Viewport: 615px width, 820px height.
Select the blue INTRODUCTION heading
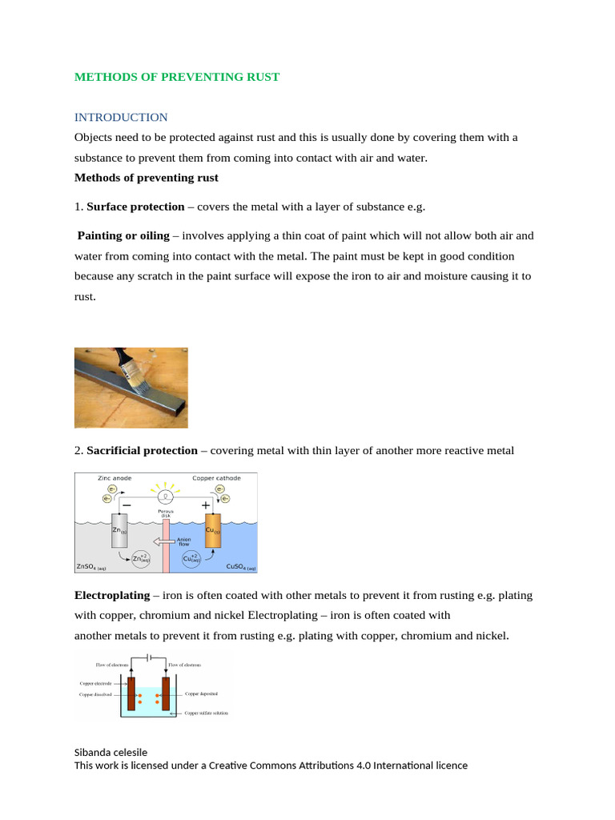121,118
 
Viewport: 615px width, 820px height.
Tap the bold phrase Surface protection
135,207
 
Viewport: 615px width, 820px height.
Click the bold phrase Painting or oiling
123,235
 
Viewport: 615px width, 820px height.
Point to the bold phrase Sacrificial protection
142,451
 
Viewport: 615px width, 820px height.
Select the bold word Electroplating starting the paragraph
112,597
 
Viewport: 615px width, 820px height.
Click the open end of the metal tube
179,413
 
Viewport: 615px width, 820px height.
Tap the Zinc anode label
115,478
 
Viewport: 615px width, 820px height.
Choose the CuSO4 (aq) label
241,568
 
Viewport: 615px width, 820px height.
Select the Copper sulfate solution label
206,712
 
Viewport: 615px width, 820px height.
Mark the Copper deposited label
202,694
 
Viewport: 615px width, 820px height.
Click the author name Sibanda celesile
111,752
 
